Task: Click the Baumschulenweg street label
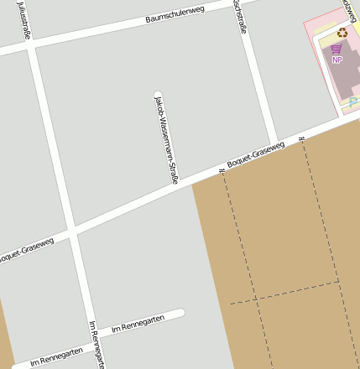[x=175, y=13]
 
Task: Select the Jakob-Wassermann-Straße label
[x=166, y=139]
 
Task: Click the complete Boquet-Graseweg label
[x=255, y=153]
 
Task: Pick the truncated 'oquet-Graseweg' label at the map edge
[x=26, y=247]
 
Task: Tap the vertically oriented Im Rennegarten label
[x=97, y=344]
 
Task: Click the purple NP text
[x=337, y=60]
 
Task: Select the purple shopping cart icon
[x=337, y=49]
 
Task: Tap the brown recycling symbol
[x=342, y=33]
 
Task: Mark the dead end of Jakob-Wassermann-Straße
[x=158, y=93]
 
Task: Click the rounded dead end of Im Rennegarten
[x=180, y=314]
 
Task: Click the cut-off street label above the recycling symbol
[x=347, y=8]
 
